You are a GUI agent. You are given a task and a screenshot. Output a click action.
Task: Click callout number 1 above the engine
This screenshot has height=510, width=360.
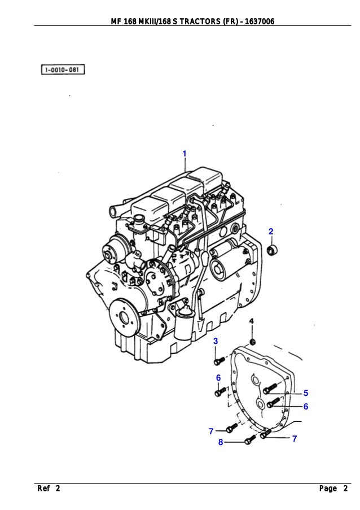(184, 154)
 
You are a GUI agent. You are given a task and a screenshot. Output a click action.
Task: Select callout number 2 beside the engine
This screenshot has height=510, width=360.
(271, 232)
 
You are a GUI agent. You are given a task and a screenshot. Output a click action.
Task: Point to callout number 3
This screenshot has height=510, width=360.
(215, 341)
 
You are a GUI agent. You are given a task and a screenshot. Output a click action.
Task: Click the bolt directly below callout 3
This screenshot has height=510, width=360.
(218, 360)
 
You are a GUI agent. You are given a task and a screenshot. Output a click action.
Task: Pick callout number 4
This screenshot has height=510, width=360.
(252, 321)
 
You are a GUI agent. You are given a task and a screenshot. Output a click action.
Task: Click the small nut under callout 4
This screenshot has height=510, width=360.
(253, 341)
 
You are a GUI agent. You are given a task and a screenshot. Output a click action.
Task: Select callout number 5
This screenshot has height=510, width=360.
(305, 393)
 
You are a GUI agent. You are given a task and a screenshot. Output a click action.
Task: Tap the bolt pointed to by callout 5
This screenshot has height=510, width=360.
(270, 389)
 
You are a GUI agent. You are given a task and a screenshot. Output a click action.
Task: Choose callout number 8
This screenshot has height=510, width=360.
(221, 442)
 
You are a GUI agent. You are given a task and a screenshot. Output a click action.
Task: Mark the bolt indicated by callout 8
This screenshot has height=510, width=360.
(250, 440)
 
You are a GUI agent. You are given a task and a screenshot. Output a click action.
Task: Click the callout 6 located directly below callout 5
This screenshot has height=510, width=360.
(305, 407)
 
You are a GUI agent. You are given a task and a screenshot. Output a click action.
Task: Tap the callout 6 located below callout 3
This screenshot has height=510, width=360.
(218, 377)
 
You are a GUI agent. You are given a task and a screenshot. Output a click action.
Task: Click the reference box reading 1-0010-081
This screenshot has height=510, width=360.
(63, 70)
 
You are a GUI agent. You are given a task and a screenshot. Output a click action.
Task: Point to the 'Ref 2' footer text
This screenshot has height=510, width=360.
(49, 489)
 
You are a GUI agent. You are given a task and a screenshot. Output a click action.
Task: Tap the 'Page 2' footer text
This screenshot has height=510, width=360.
(333, 489)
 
